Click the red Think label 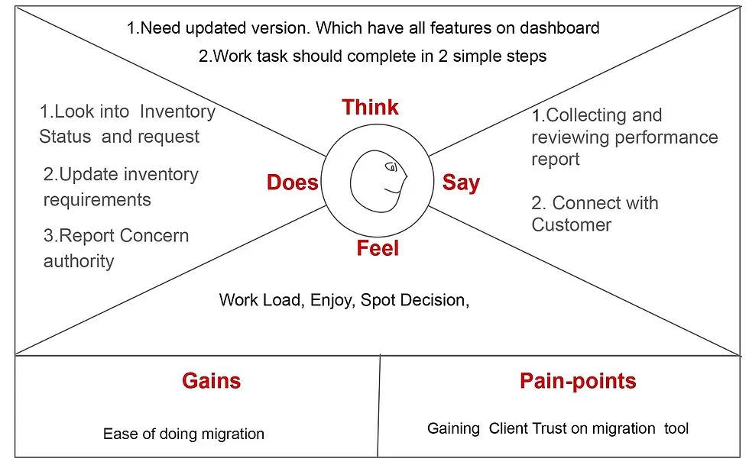370,107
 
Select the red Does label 292,182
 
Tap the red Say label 461,182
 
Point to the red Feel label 378,248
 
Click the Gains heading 211,380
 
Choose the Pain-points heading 578,380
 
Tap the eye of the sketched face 392,166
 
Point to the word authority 79,261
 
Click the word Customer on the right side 572,225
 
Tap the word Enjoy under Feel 332,300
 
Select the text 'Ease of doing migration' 183,434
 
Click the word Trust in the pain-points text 545,428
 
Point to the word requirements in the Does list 97,200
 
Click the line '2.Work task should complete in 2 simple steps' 372,56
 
